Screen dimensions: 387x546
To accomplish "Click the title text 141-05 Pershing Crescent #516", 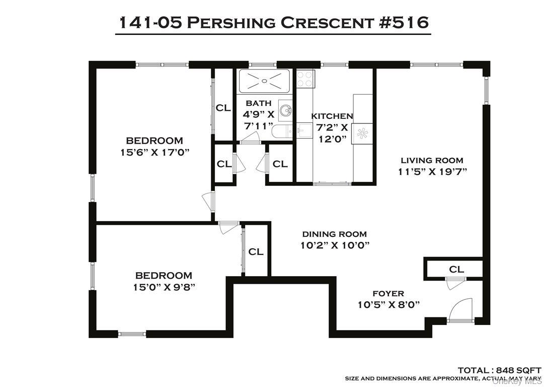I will [273, 22].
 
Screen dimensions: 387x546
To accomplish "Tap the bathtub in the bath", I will [265, 81].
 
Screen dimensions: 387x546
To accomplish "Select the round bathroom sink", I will [286, 110].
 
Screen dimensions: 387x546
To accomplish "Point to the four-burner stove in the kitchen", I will [305, 79].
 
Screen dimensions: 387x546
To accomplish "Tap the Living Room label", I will [432, 160].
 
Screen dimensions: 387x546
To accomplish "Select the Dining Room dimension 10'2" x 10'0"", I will [334, 245].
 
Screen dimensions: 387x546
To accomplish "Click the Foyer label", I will [388, 293].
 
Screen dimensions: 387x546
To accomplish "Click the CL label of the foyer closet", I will [456, 270].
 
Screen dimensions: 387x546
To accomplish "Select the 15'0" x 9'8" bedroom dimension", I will [164, 287].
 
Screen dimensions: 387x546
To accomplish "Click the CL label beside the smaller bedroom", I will [256, 251].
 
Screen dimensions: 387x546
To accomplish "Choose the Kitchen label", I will [332, 116].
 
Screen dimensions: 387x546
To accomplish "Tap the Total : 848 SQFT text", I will [499, 369].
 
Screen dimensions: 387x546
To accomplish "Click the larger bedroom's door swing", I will [207, 202].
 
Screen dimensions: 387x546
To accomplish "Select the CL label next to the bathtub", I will [223, 107].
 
